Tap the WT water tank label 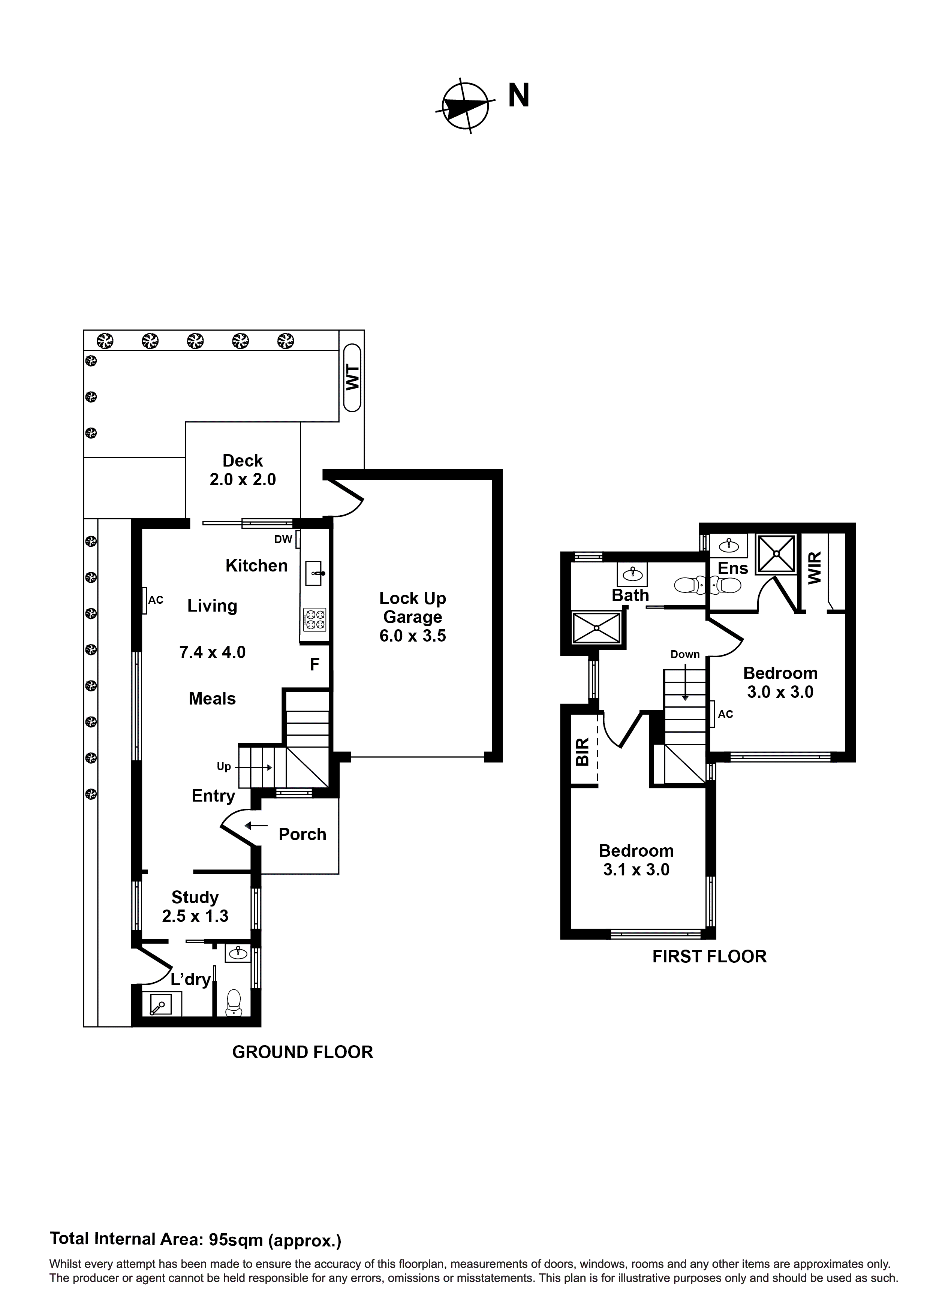tap(352, 377)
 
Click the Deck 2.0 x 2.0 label tap(243, 470)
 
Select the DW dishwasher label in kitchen tap(283, 539)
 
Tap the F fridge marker tap(314, 664)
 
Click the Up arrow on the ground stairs tap(259, 767)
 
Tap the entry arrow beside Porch tap(256, 826)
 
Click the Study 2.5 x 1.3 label tap(195, 906)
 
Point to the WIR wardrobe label tap(814, 568)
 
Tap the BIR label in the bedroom tap(582, 752)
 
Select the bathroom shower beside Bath tap(596, 628)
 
